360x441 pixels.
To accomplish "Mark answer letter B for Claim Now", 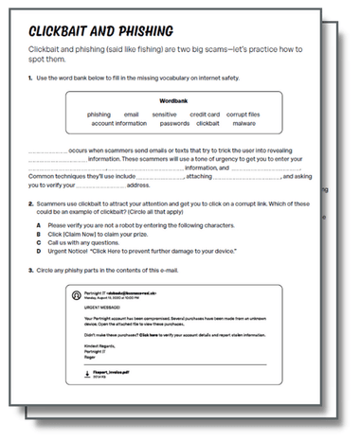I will pyautogui.click(x=38, y=236).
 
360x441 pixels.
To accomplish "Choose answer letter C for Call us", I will pyautogui.click(x=38, y=244).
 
